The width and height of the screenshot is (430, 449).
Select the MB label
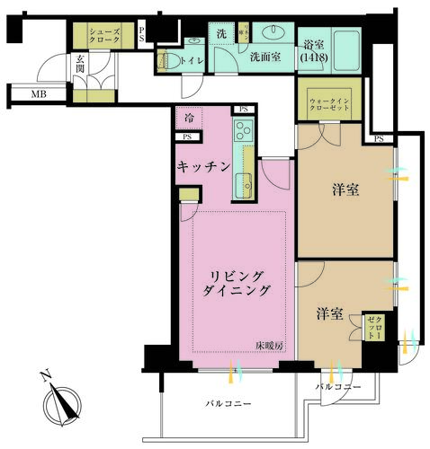(x=40, y=93)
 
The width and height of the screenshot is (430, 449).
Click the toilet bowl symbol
(x=164, y=62)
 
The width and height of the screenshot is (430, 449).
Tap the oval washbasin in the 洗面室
(x=270, y=34)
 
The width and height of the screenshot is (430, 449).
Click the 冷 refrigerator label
(x=189, y=117)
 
